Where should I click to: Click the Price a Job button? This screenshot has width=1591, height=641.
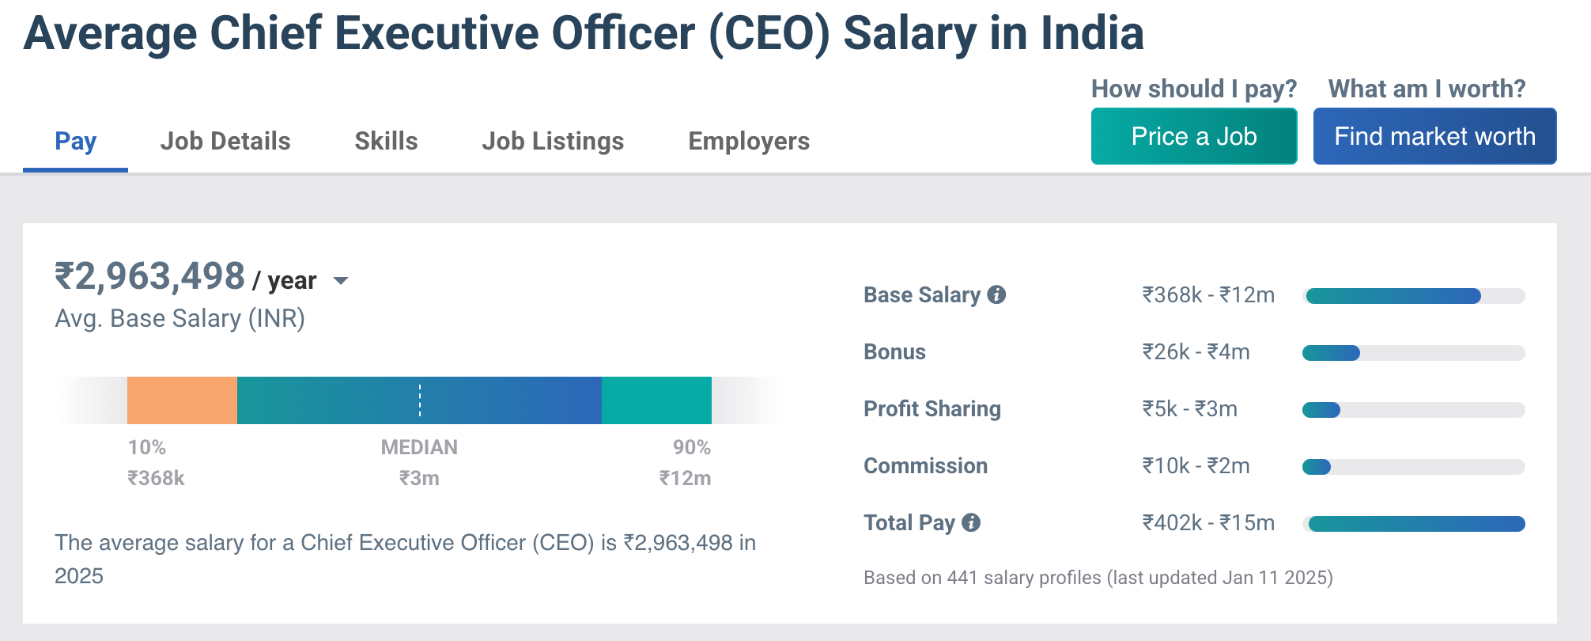[x=1193, y=136]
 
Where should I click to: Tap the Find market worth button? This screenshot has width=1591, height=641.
[x=1434, y=136]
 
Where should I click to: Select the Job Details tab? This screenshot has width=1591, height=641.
[x=225, y=141]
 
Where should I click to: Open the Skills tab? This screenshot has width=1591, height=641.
[x=386, y=141]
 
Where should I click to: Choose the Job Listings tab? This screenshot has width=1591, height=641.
[x=553, y=141]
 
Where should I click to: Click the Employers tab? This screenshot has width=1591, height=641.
[x=749, y=141]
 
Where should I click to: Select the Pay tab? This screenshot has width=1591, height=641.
[x=75, y=141]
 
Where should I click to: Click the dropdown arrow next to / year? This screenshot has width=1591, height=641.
[x=341, y=280]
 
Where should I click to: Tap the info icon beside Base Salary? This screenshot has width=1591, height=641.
[x=997, y=294]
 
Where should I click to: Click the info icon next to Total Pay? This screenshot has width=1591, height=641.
[x=971, y=522]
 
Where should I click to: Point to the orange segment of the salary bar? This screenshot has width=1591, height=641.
[x=182, y=400]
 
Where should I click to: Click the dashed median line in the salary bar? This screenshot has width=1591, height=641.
[x=420, y=400]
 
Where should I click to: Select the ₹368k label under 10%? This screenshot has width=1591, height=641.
[x=156, y=478]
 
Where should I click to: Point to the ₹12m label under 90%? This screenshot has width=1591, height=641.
[x=685, y=478]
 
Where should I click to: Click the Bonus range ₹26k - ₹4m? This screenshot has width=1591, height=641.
[x=1196, y=351]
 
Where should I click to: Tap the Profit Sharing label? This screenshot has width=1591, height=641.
[x=932, y=408]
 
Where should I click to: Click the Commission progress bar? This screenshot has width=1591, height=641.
[x=1413, y=467]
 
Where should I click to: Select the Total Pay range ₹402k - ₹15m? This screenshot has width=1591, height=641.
[x=1207, y=522]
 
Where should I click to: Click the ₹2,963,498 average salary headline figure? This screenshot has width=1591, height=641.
[x=149, y=276]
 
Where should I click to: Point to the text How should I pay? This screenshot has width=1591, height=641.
[x=1193, y=89]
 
